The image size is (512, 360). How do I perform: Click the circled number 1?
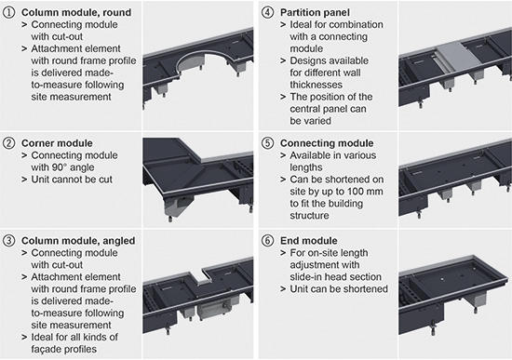pos(8,12)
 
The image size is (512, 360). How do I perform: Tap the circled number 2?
pos(8,143)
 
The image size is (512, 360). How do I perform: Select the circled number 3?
pos(8,241)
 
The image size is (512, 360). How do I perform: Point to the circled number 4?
pos(267,12)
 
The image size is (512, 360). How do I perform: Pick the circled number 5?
pos(267,143)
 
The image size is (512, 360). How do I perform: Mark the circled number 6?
pos(267,241)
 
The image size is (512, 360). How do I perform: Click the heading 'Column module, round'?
pos(76,12)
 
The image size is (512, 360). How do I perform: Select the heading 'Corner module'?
pos(57,143)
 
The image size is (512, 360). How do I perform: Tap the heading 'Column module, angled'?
pos(78,241)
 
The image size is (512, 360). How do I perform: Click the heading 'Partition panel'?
pos(315,12)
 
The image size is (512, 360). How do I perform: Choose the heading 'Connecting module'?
pos(327,143)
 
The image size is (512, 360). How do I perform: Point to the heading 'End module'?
pos(308,241)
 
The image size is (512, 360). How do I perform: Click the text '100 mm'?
pos(365,192)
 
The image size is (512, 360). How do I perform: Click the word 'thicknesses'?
pos(317,85)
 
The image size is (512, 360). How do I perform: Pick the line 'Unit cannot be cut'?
pos(72,180)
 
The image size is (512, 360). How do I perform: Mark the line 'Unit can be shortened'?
pos(339,289)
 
